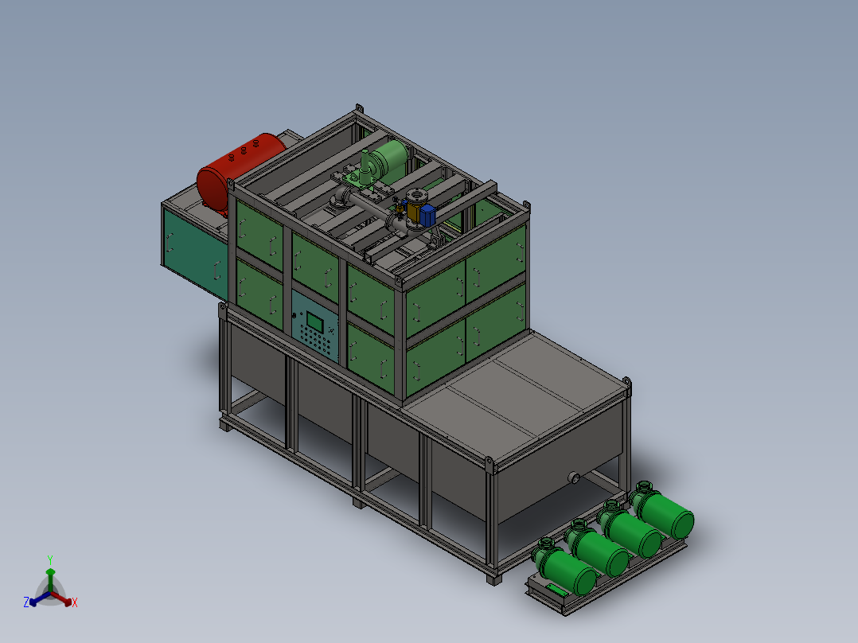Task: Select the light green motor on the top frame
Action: click(390, 157)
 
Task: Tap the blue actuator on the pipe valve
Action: click(427, 216)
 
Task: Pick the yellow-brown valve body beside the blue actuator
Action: click(413, 212)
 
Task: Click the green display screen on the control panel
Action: click(314, 321)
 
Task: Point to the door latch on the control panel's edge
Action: click(294, 315)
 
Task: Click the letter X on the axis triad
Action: click(75, 602)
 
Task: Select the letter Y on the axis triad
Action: click(50, 559)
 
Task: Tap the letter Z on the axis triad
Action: click(26, 602)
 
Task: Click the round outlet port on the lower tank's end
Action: click(574, 477)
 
